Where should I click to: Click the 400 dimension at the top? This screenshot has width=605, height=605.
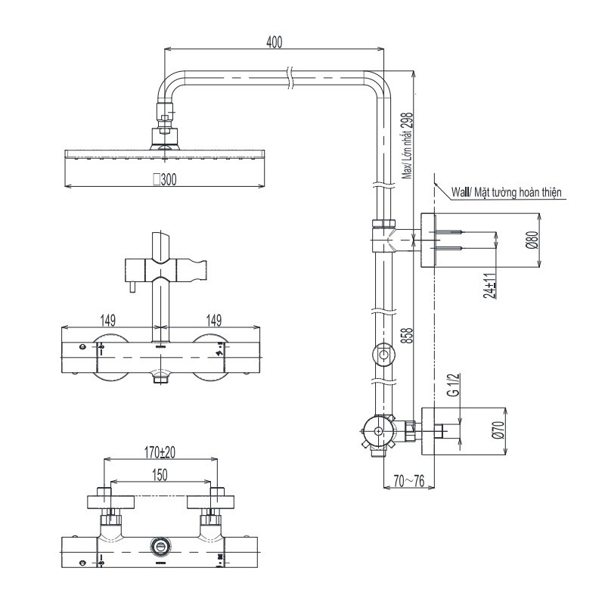pos(274,42)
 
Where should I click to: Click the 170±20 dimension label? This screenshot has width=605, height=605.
pos(159,452)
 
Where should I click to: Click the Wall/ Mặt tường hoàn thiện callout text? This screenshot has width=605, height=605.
pos(507,193)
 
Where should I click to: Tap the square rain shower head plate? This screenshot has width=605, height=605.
pos(165,155)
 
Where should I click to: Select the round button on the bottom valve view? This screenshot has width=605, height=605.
pos(160,546)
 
